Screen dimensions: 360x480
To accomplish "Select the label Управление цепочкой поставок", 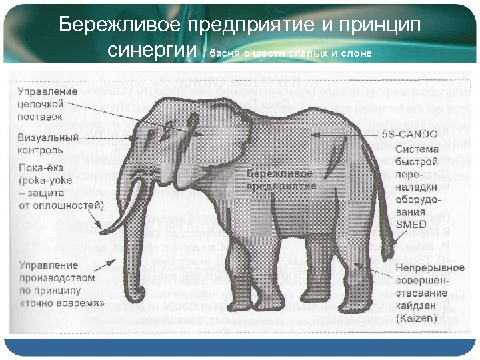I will [47, 104].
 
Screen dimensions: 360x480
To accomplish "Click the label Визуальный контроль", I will [47, 144].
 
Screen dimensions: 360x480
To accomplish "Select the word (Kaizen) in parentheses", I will [416, 319].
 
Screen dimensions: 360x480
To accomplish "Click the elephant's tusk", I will [136, 200].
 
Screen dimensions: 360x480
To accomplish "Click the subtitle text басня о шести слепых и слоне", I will [290, 53].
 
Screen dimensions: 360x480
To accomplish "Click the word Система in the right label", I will [417, 149].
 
